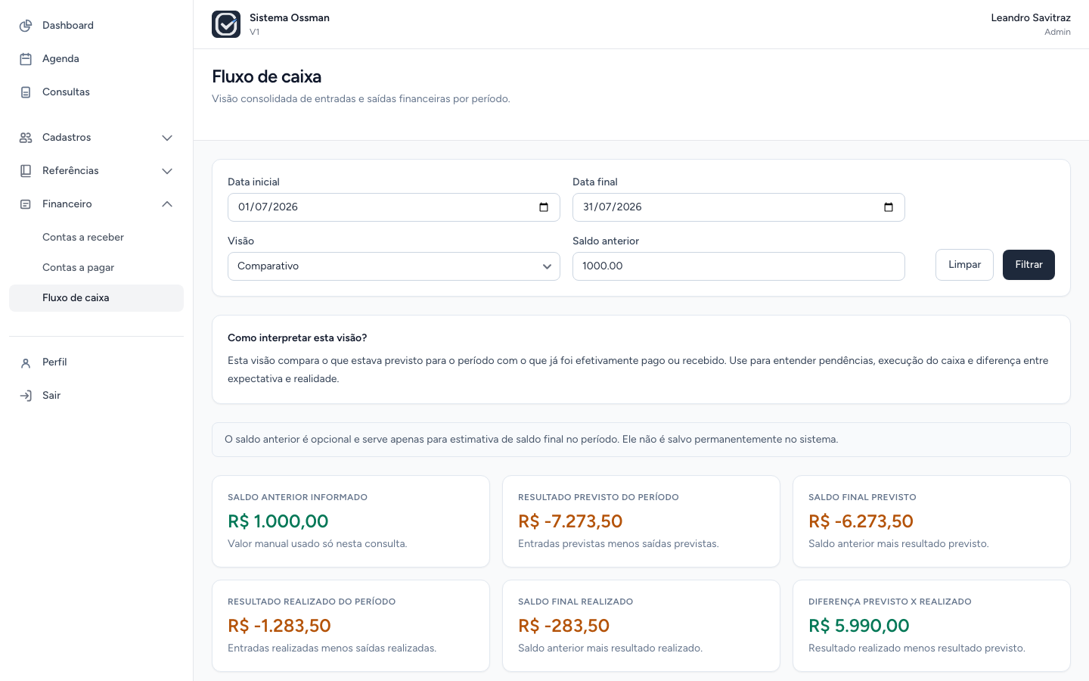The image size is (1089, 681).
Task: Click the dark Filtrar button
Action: pyautogui.click(x=1028, y=265)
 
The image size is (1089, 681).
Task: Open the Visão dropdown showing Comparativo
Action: pyautogui.click(x=393, y=266)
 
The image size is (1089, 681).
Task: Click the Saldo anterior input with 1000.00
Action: pyautogui.click(x=738, y=266)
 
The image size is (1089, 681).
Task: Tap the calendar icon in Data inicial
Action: pyautogui.click(x=544, y=207)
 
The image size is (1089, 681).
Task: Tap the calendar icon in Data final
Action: pyautogui.click(x=888, y=207)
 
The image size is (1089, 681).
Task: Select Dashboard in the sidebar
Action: pyautogui.click(x=67, y=25)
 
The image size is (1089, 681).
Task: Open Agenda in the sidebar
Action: pyautogui.click(x=60, y=58)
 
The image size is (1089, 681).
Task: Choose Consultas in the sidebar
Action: pyautogui.click(x=66, y=92)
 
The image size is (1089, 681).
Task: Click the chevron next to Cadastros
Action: pyautogui.click(x=166, y=138)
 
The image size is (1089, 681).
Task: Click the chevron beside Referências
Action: pyautogui.click(x=166, y=171)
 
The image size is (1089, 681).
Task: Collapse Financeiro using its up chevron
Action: pyautogui.click(x=166, y=204)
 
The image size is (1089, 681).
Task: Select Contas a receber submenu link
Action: pyautogui.click(x=83, y=237)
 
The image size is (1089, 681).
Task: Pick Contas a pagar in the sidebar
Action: pyautogui.click(x=79, y=268)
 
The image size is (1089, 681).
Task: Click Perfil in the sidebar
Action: pyautogui.click(x=54, y=362)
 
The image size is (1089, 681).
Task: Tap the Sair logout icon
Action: pyautogui.click(x=26, y=396)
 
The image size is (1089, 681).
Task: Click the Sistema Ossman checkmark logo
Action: pyautogui.click(x=226, y=24)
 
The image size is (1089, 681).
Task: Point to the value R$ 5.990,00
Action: pyautogui.click(x=858, y=626)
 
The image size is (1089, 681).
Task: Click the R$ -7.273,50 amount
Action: pyautogui.click(x=569, y=521)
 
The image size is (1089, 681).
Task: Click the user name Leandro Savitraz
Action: pyautogui.click(x=1031, y=18)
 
